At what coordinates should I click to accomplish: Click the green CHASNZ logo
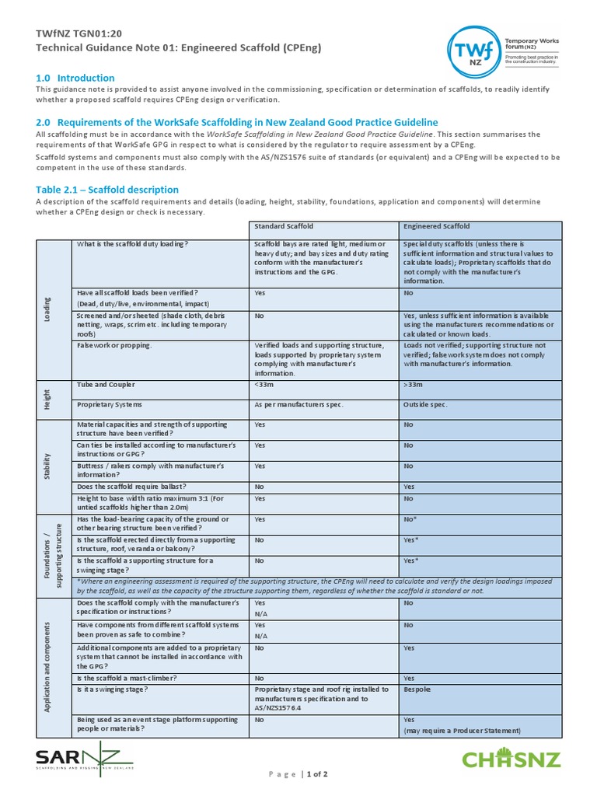click(x=511, y=758)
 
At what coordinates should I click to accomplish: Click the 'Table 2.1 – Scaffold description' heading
click(x=107, y=190)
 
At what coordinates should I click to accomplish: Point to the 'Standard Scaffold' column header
click(x=284, y=226)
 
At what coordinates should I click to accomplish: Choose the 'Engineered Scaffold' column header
click(x=436, y=226)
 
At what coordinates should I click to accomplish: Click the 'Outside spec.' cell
click(x=425, y=405)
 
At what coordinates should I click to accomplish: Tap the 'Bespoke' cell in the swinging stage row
click(x=417, y=689)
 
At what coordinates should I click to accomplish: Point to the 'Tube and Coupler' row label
click(x=106, y=384)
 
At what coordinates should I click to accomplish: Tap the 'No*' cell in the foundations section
click(x=410, y=519)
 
